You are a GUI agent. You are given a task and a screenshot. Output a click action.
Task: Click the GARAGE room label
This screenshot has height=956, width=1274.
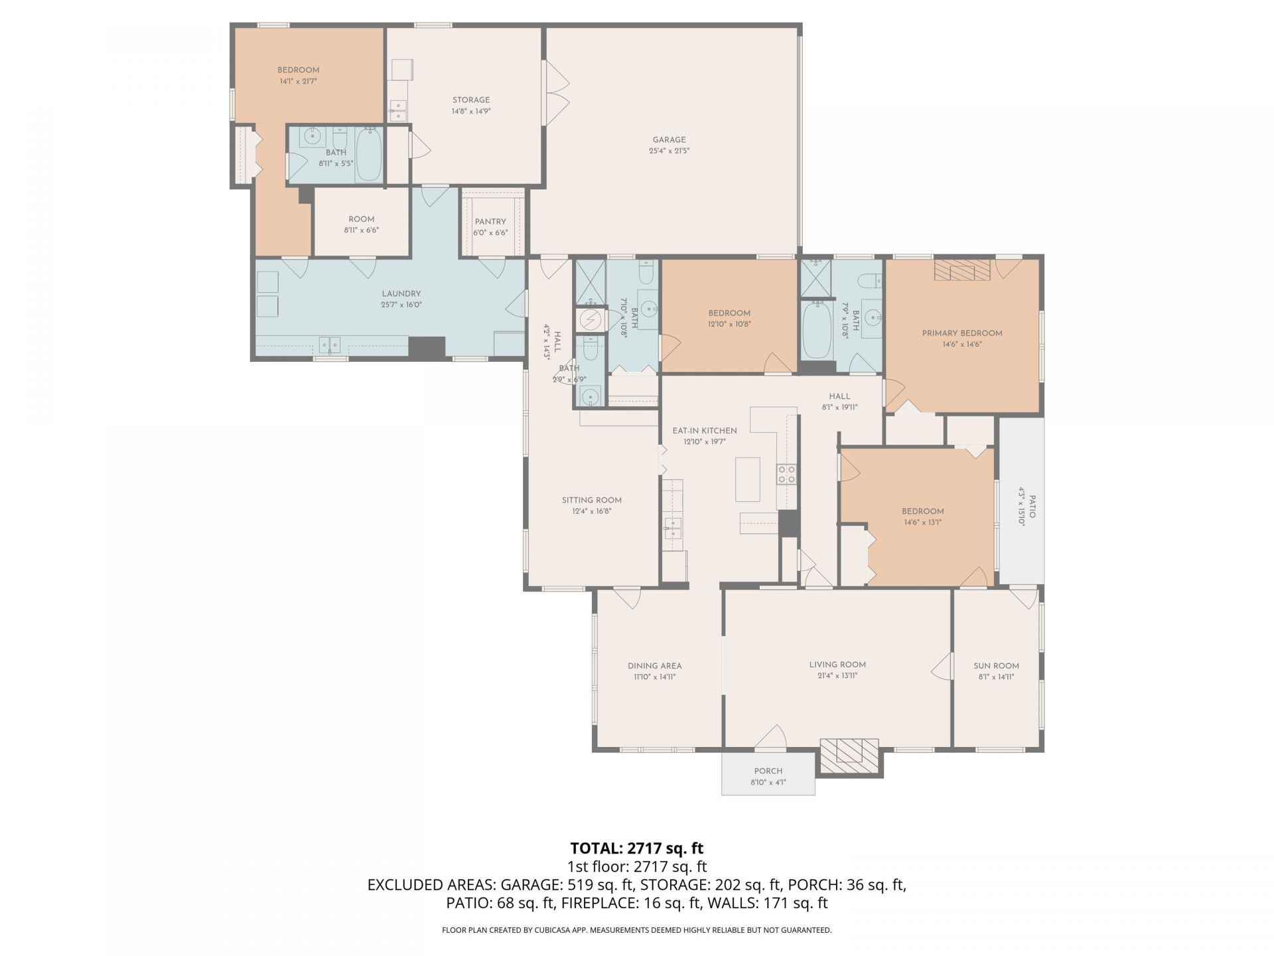(669, 140)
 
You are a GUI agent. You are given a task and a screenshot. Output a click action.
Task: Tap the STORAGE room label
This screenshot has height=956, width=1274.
(471, 100)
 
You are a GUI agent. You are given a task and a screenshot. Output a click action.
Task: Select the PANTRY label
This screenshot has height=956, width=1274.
(490, 222)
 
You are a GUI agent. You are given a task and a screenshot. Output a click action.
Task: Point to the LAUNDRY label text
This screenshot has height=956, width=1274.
(401, 294)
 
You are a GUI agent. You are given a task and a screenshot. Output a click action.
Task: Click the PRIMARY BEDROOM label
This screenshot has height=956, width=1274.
(962, 333)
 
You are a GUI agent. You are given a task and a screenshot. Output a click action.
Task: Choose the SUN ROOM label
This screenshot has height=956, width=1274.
(996, 666)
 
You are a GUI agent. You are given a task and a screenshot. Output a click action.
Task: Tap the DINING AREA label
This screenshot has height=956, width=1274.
(655, 666)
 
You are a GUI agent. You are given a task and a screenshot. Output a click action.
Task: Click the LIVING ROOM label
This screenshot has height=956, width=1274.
(837, 665)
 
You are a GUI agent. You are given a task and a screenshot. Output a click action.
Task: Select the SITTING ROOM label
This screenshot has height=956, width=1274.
(592, 501)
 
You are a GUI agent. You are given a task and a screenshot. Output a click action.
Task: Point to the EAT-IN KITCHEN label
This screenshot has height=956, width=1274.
(705, 431)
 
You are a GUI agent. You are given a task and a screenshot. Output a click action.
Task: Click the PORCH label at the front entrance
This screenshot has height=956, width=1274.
(768, 771)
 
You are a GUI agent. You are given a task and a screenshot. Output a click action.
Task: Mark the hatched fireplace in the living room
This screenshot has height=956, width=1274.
(851, 757)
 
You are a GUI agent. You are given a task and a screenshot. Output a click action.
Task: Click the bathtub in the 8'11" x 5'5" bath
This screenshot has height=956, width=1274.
(368, 154)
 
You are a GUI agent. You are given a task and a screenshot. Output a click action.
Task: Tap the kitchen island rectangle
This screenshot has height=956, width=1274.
(748, 479)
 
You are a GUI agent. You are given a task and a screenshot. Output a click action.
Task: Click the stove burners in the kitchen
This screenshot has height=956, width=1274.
(787, 475)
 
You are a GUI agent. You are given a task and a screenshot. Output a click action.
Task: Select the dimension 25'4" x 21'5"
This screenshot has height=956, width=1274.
(669, 151)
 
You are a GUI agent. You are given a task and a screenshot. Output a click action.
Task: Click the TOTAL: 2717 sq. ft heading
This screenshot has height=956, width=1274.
(637, 848)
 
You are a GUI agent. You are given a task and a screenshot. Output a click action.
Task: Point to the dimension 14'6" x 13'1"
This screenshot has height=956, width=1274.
(923, 522)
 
